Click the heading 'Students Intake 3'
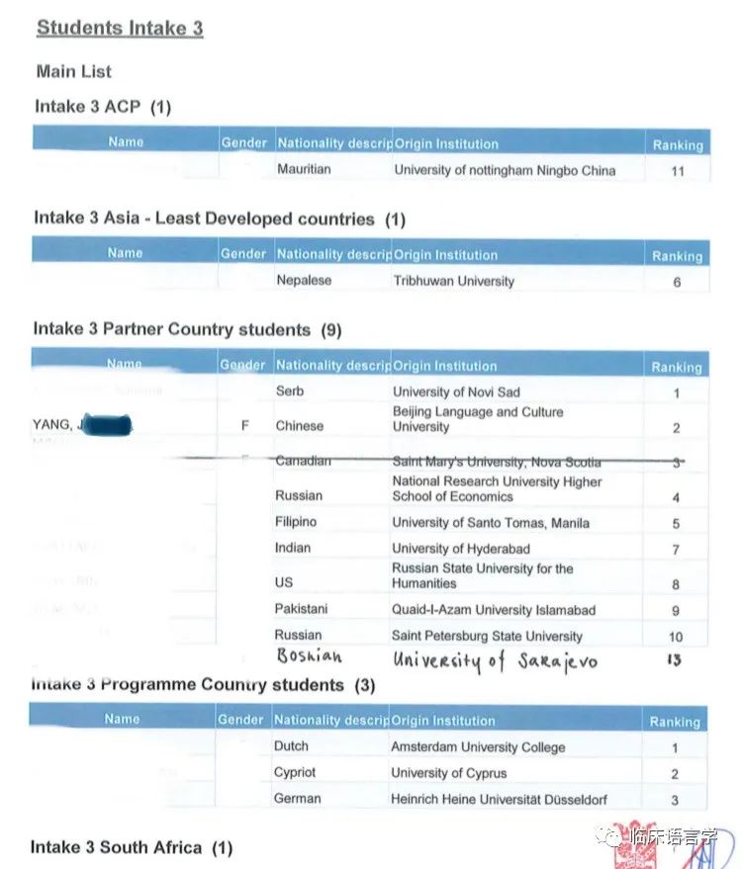click(x=120, y=28)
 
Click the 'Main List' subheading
click(x=74, y=71)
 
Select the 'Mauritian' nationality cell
click(x=304, y=169)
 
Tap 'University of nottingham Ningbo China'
click(x=505, y=170)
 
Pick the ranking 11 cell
click(x=677, y=171)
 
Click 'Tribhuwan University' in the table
click(x=453, y=281)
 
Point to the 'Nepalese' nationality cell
click(x=304, y=280)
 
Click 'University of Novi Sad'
click(x=456, y=391)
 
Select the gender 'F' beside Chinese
click(x=244, y=426)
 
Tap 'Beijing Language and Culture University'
click(x=478, y=419)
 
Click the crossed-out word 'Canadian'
click(x=303, y=461)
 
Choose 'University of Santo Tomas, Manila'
click(x=491, y=523)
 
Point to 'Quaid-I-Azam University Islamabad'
click(x=494, y=610)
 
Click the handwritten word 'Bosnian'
click(x=309, y=657)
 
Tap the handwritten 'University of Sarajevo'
click(x=495, y=659)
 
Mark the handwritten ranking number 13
click(x=674, y=659)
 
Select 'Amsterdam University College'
click(x=478, y=747)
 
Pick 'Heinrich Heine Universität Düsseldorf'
click(x=499, y=799)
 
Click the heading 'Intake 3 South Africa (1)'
click(x=132, y=847)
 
